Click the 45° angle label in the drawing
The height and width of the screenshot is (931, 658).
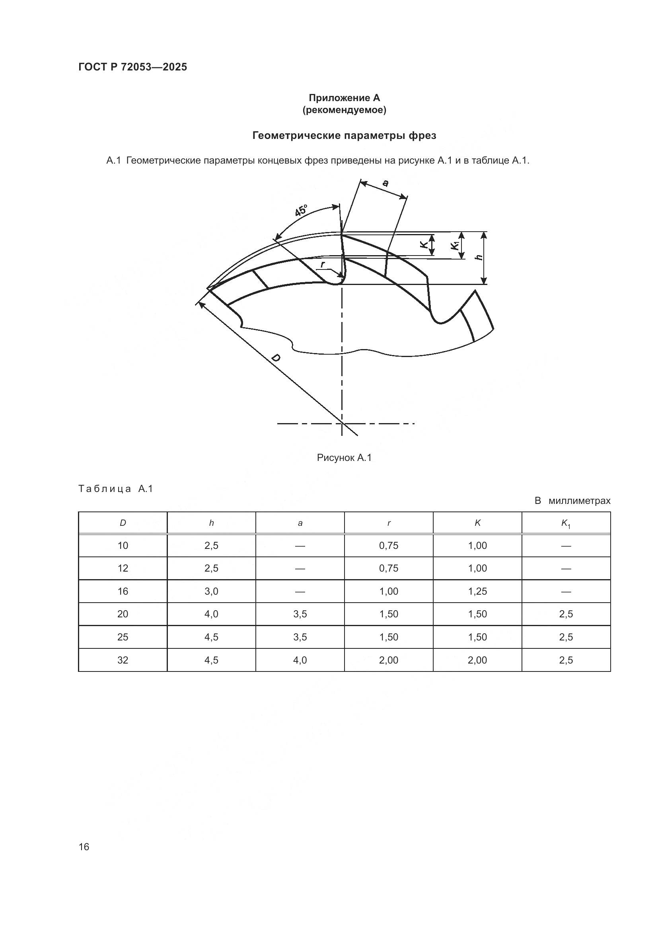301,211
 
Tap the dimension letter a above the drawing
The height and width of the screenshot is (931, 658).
385,183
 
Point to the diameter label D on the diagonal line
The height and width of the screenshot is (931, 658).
276,358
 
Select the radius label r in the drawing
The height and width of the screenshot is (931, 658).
323,265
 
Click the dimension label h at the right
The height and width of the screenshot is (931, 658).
479,257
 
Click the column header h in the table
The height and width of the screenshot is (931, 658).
211,523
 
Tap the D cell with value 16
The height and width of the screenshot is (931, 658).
123,591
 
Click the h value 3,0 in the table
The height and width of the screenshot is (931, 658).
211,591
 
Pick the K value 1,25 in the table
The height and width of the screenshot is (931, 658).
477,591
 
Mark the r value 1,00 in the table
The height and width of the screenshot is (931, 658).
389,591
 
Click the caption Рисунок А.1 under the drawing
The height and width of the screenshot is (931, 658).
344,458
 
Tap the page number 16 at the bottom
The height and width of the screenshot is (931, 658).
84,847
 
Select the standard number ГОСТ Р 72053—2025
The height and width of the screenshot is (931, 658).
132,67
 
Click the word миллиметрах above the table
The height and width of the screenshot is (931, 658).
579,501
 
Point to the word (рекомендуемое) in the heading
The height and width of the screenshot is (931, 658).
344,110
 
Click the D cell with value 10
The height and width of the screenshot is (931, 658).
123,546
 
